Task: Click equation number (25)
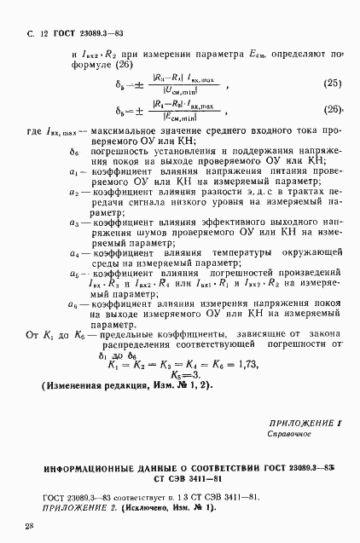pyautogui.click(x=331, y=83)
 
